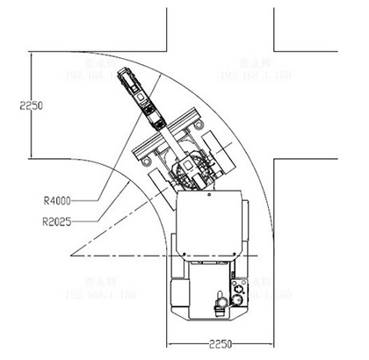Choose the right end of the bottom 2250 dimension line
(274, 341)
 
